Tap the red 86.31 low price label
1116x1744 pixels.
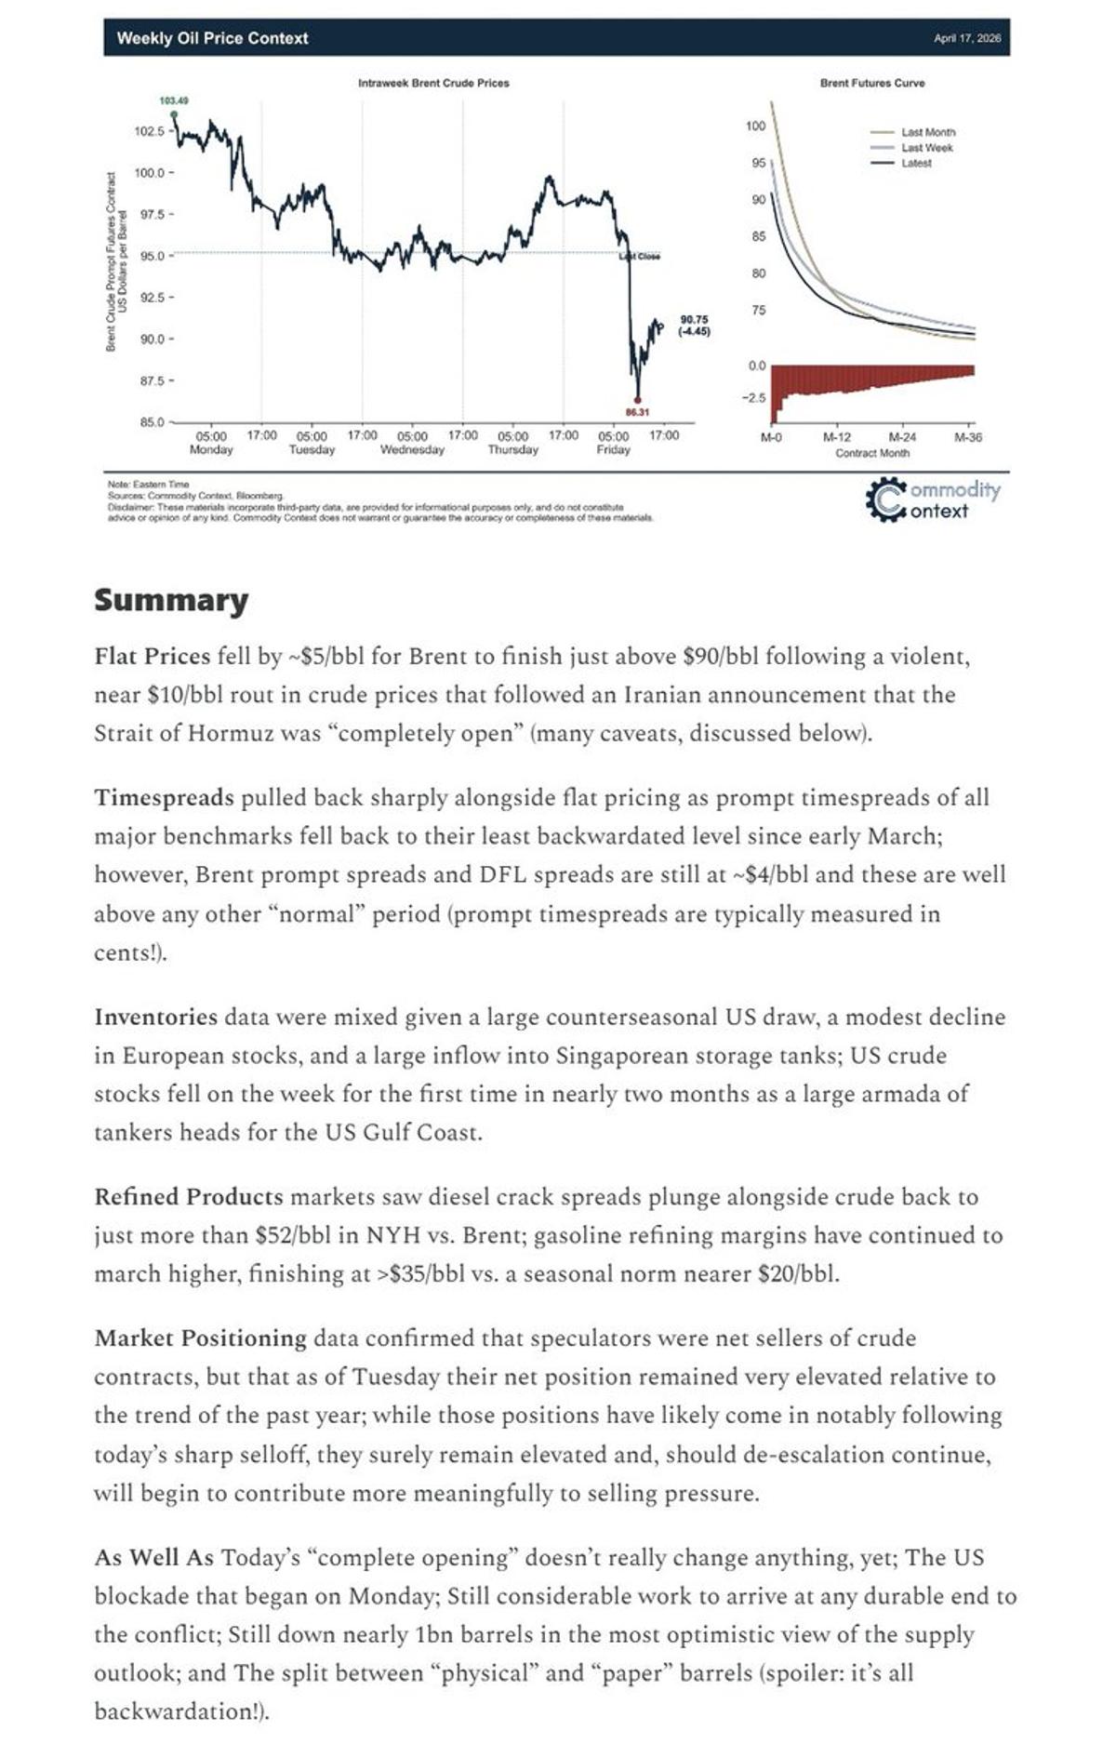pos(637,412)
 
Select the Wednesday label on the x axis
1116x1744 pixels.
pos(412,450)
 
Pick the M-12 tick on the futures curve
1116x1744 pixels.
pos(837,437)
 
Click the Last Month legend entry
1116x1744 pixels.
pos(927,132)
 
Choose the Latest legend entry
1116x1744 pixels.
pos(916,163)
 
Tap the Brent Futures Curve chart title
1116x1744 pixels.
pos(872,83)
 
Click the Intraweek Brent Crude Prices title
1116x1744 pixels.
pos(433,83)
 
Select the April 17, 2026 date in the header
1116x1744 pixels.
pos(967,38)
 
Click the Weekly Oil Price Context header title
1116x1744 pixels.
pos(212,38)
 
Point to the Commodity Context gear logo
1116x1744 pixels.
pos(884,499)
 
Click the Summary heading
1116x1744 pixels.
pos(171,600)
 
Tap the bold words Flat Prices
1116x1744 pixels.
pos(153,657)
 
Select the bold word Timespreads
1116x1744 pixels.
pos(164,798)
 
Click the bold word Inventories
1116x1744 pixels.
pos(155,1017)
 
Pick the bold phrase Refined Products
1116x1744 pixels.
pos(188,1197)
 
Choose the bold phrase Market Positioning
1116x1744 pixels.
pos(200,1338)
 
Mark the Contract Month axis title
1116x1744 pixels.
pos(872,453)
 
